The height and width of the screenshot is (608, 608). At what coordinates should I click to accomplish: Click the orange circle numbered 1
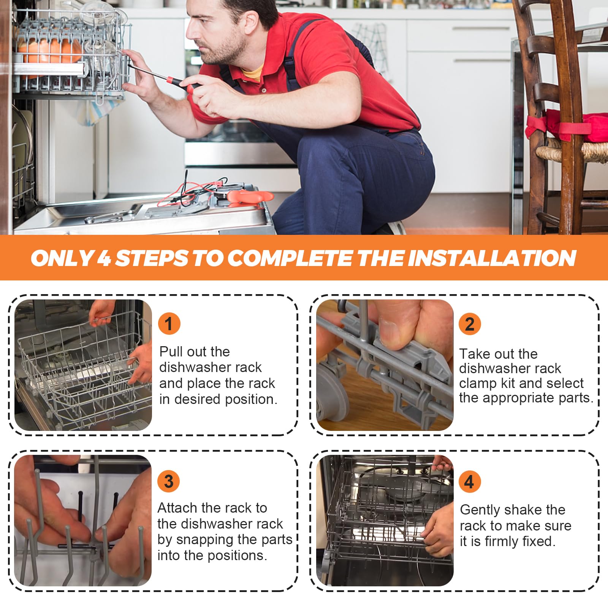169,324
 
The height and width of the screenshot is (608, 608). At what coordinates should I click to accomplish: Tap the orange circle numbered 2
470,324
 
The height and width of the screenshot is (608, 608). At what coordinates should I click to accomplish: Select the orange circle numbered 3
169,481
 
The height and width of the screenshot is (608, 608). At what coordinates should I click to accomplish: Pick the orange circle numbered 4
470,482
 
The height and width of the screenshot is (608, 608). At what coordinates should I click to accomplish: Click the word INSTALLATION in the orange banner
492,258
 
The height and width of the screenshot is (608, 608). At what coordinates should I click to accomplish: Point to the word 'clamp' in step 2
478,383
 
